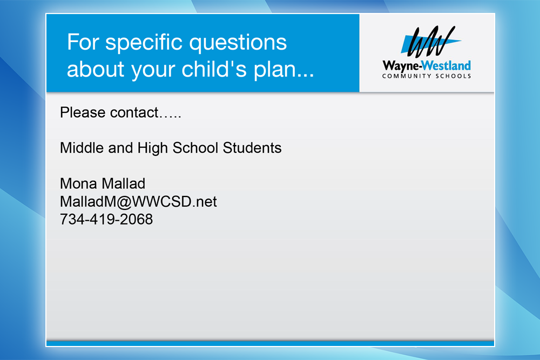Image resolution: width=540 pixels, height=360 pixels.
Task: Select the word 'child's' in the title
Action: pos(214,69)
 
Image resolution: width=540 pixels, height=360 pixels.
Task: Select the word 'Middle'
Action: pos(82,148)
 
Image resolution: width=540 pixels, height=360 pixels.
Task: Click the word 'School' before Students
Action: pos(195,148)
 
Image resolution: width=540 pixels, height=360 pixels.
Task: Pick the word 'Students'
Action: pos(252,148)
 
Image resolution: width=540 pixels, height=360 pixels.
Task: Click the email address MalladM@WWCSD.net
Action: pos(138,202)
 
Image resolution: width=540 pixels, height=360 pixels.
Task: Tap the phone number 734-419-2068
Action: pos(106,220)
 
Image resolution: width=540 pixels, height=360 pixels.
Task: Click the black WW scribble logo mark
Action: pos(430,42)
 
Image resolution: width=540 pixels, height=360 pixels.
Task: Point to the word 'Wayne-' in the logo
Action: pos(402,66)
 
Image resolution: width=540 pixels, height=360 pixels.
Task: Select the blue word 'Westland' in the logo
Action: pos(447,65)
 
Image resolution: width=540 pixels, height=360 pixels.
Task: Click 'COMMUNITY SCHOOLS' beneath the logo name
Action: pos(427,76)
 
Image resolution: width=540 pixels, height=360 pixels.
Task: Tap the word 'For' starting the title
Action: pos(83,42)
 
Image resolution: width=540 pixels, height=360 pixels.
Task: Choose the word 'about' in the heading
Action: pos(96,69)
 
